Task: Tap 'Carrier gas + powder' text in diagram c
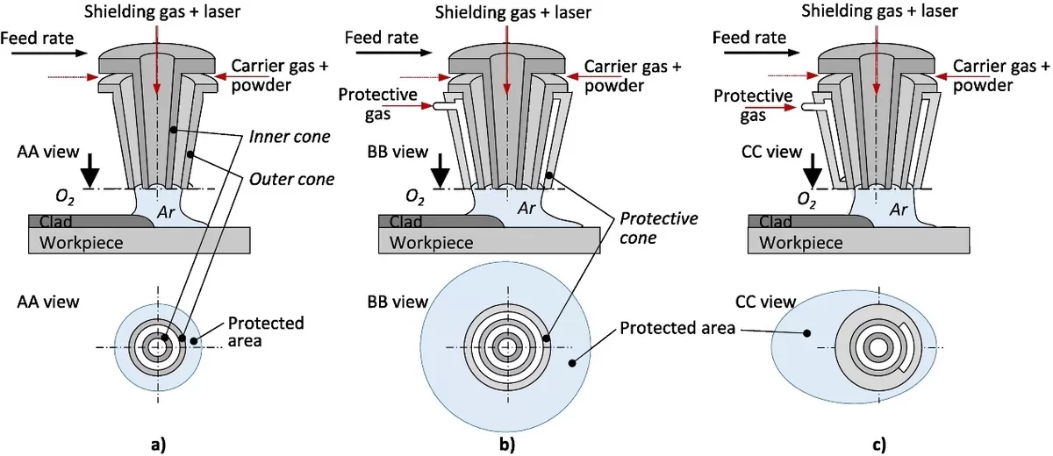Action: [1000, 75]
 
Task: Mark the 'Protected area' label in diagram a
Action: [266, 331]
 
